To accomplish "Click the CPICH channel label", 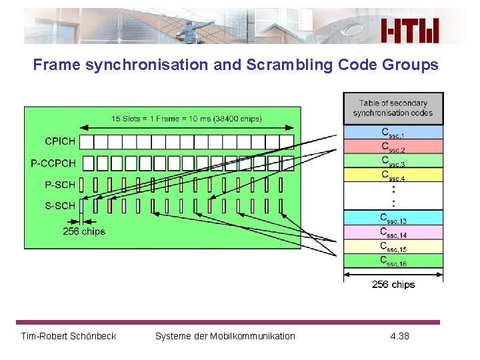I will click(x=60, y=141).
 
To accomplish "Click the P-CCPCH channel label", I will click(x=53, y=163).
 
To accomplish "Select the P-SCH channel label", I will click(x=60, y=184).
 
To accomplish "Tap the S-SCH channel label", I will click(x=60, y=205).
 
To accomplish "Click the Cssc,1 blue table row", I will click(x=393, y=132).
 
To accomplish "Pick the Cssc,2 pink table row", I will click(x=393, y=146).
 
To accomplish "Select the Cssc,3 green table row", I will click(x=393, y=160).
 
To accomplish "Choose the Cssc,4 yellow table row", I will click(x=393, y=175).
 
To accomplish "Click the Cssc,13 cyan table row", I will click(x=393, y=217).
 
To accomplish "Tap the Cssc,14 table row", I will click(x=393, y=232).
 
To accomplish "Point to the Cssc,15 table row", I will click(x=393, y=247).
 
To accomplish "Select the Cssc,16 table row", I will click(x=393, y=261).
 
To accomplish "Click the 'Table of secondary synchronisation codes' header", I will click(x=393, y=108).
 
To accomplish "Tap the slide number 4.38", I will click(x=399, y=336).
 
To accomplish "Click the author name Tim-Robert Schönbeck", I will click(x=69, y=336).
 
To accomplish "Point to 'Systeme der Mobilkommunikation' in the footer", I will click(x=225, y=336).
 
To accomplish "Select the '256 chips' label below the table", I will click(x=393, y=285).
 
